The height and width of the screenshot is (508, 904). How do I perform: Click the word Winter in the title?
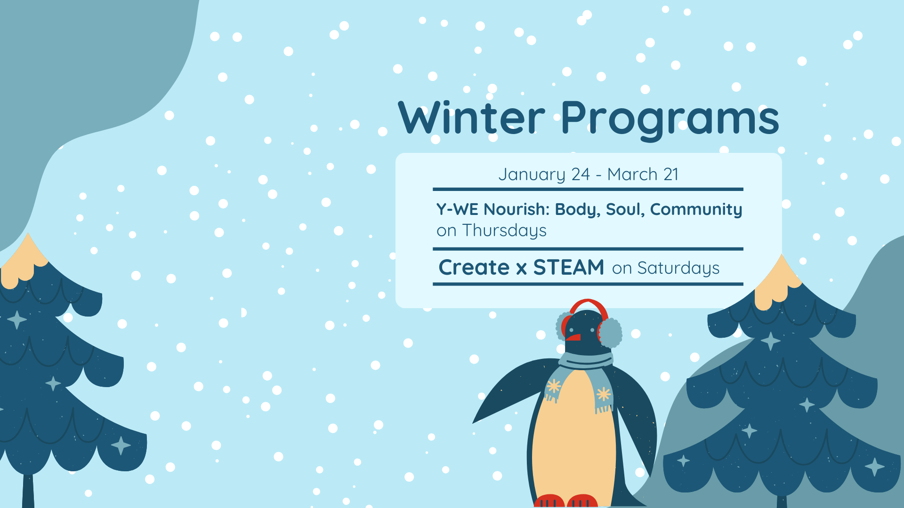pyautogui.click(x=471, y=118)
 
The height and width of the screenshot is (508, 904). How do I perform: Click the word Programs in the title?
pyautogui.click(x=670, y=120)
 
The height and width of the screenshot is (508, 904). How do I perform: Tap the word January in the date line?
pyautogui.click(x=532, y=175)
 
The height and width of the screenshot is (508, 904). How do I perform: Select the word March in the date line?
pyautogui.click(x=632, y=174)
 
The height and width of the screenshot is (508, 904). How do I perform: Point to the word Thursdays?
pyautogui.click(x=504, y=230)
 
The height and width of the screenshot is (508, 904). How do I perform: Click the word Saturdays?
pyautogui.click(x=678, y=268)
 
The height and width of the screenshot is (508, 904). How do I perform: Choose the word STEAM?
pyautogui.click(x=569, y=267)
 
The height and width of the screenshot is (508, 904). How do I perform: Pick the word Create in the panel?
pyautogui.click(x=474, y=267)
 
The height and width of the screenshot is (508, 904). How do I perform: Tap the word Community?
pyautogui.click(x=696, y=210)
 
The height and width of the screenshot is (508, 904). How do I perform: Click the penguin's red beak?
pyautogui.click(x=573, y=337)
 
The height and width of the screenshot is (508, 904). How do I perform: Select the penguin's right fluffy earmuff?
pyautogui.click(x=610, y=333)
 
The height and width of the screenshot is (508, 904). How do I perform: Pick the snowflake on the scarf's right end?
pyautogui.click(x=603, y=394)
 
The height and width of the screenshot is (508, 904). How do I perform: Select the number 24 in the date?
pyautogui.click(x=581, y=175)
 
